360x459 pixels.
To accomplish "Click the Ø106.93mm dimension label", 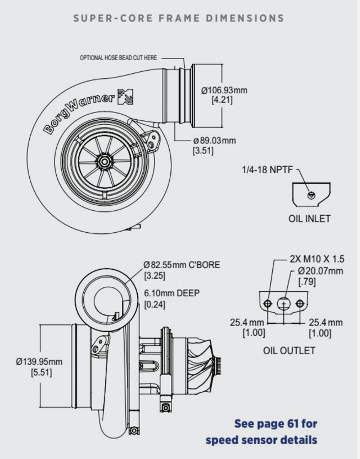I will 224,90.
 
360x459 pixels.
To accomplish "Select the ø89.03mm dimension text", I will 213,140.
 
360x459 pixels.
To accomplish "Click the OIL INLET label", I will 309,218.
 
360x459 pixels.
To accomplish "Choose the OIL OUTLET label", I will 289,351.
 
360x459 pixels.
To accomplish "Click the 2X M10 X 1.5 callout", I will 317,258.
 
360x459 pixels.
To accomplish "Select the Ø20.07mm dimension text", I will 320,271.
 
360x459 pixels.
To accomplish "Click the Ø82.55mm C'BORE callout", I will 181,265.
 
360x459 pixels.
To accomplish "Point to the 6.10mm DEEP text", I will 172,293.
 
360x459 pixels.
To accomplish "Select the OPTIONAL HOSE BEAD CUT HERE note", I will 119,57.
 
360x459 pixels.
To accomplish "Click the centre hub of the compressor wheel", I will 104,161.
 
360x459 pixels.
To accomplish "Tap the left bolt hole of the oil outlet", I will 268,303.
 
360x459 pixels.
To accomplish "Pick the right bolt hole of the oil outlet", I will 299,303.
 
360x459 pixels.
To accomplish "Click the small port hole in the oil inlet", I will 311,195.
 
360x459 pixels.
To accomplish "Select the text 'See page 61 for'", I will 276,424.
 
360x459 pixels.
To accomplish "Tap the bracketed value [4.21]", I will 222,100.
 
